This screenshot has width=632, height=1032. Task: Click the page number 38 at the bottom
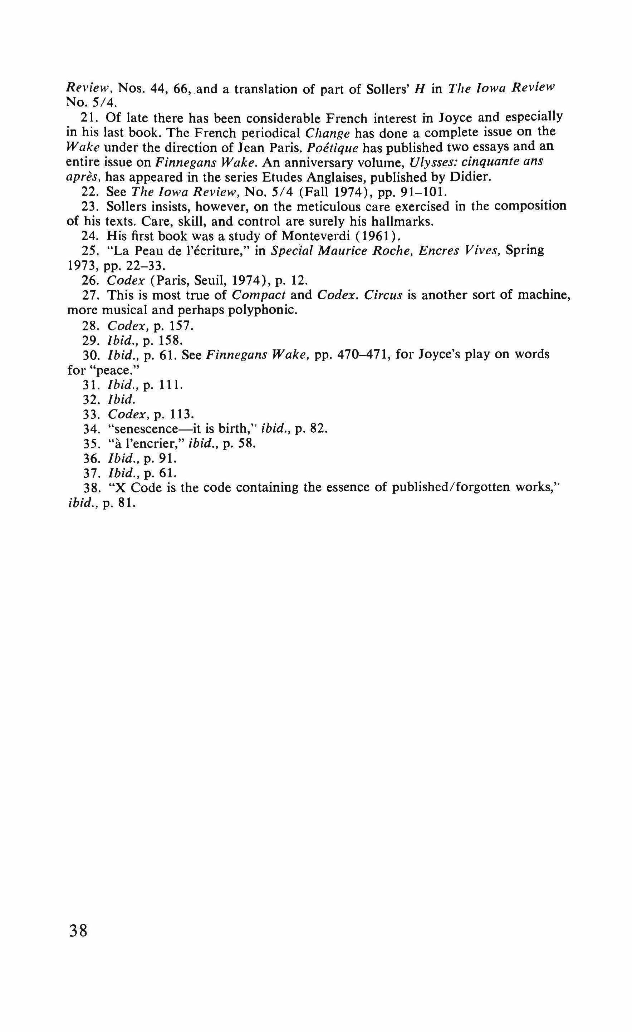tap(78, 931)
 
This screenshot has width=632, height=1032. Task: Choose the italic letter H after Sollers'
tap(417, 89)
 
